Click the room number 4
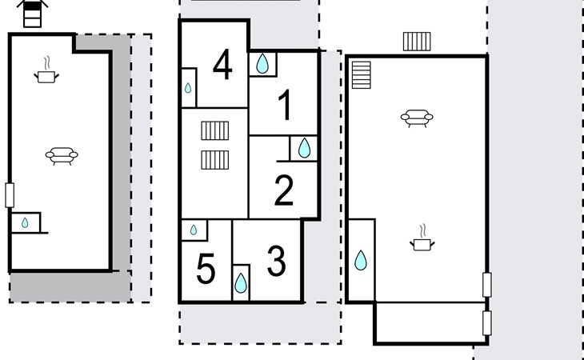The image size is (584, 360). coord(222,65)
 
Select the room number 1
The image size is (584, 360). coord(285,105)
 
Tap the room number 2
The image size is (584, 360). coord(284,190)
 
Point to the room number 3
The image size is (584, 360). coord(276,261)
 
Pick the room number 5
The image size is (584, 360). coord(206,268)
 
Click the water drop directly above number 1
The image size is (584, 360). coord(262,64)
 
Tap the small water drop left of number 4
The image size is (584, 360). coord(188,88)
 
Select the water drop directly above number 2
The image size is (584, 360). coord(304,148)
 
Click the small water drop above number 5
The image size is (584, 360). coord(194,230)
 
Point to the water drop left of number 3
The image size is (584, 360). coord(241,283)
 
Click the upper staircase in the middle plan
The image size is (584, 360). coord(215,130)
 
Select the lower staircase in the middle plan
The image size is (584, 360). coord(215,160)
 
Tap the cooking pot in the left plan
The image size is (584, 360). coord(46,73)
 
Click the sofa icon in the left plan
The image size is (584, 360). coord(62,156)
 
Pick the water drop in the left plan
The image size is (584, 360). coord(25,222)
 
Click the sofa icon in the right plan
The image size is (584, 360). coord(417,118)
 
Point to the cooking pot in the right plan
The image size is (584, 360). coord(422,241)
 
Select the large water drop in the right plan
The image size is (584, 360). coord(361,260)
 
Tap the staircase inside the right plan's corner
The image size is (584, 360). coord(362,75)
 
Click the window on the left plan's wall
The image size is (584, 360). coord(10,195)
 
